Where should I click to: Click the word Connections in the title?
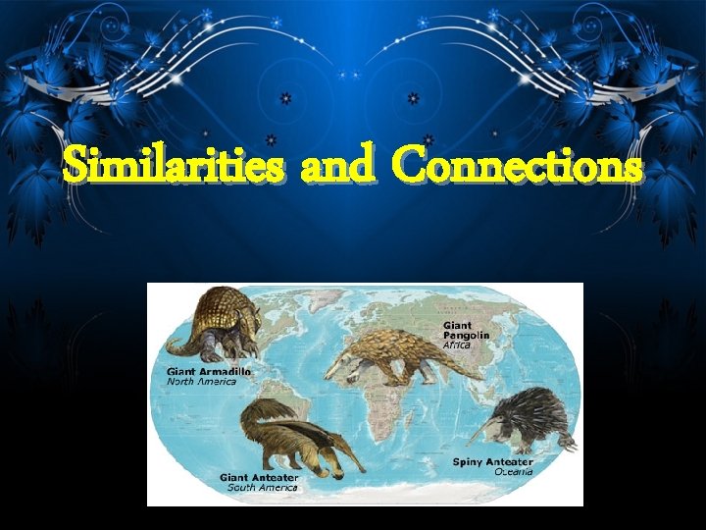[518, 167]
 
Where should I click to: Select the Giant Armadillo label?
[208, 372]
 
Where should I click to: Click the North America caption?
[201, 382]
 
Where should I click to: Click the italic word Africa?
[457, 345]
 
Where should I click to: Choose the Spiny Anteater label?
[492, 461]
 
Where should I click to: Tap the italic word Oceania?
[513, 471]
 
